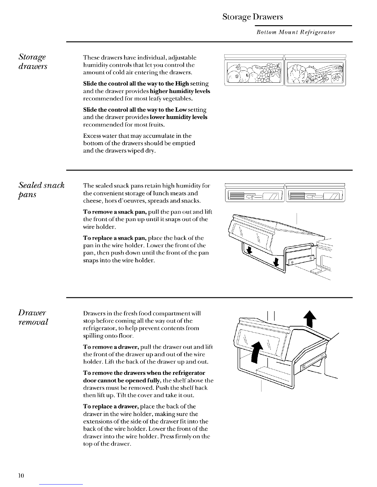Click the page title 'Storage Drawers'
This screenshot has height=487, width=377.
click(253, 17)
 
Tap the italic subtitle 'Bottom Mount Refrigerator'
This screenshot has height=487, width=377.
click(296, 33)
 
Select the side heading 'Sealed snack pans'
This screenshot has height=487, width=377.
click(41, 190)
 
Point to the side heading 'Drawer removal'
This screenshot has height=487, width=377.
click(33, 317)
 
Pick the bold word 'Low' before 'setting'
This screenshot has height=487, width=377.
click(181, 110)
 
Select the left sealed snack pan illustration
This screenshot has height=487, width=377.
click(255, 193)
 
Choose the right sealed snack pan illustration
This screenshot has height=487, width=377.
click(315, 193)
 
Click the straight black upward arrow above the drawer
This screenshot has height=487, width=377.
click(310, 319)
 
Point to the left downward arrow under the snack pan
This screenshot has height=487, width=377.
click(249, 250)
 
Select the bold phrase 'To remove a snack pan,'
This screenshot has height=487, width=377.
click(115, 212)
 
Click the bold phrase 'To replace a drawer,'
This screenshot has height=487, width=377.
click(111, 406)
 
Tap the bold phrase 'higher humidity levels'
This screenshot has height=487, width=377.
click(180, 91)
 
